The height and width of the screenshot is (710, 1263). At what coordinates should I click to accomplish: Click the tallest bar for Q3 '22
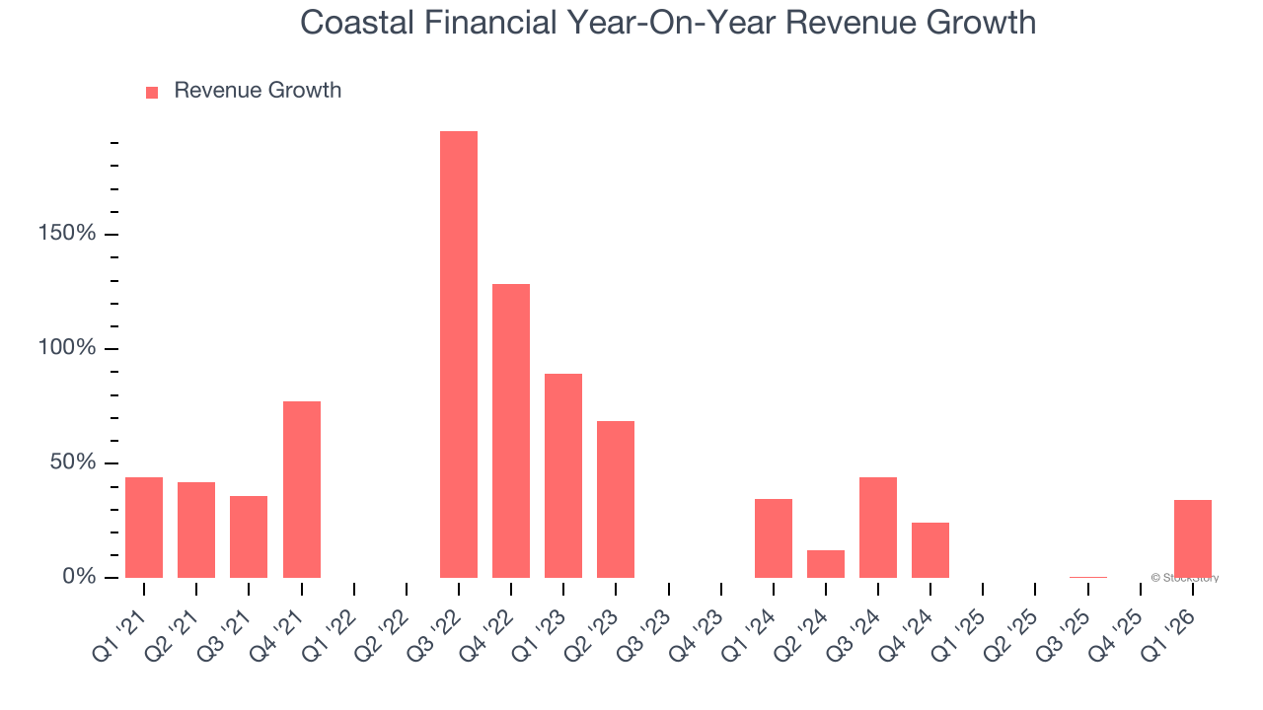pyautogui.click(x=458, y=354)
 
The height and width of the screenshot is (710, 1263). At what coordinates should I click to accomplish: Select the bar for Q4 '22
pyautogui.click(x=511, y=430)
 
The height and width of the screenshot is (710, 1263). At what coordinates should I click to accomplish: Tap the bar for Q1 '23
pyautogui.click(x=563, y=475)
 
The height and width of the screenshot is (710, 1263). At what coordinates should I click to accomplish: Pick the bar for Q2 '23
pyautogui.click(x=616, y=499)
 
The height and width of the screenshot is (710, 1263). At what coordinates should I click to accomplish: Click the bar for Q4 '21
pyautogui.click(x=301, y=489)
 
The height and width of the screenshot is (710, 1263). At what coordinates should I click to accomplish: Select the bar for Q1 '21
pyautogui.click(x=144, y=527)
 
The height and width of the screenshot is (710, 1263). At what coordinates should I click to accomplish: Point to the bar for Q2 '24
pyautogui.click(x=826, y=563)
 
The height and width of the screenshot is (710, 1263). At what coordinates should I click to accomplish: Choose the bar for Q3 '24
pyautogui.click(x=878, y=527)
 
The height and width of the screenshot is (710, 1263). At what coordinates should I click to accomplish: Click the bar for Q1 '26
pyautogui.click(x=1192, y=538)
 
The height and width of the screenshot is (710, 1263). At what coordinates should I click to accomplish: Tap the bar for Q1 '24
pyautogui.click(x=774, y=537)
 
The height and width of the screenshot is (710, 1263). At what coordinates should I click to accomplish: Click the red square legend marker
pyautogui.click(x=152, y=92)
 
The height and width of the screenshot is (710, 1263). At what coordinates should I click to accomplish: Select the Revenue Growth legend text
pyautogui.click(x=258, y=91)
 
